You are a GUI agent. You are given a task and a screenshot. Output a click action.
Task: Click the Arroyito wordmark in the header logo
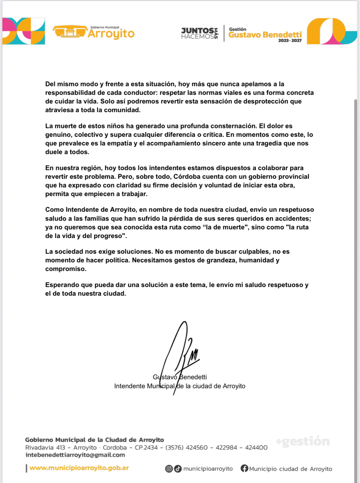point(111,34)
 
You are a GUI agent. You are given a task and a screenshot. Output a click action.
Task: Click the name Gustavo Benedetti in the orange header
point(265,35)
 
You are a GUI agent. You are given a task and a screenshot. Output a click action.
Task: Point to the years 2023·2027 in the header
point(290,41)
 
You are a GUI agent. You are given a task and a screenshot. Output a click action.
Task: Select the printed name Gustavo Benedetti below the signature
point(180,377)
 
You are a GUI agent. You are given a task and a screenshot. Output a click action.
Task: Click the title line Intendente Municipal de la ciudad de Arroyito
point(180,386)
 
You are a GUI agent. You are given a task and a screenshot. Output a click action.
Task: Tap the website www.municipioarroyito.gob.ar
point(79,468)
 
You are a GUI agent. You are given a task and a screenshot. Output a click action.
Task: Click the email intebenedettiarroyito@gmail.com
point(75,455)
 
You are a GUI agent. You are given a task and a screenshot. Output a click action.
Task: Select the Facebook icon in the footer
point(244,469)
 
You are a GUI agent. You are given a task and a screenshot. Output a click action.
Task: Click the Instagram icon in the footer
point(169,469)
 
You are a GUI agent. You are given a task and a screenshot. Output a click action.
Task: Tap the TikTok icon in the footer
point(178,469)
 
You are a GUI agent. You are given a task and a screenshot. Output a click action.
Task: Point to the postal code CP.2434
point(146,447)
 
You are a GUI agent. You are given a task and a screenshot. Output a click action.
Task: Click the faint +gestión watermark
point(303,441)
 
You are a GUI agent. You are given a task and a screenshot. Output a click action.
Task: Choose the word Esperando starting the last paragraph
point(62,285)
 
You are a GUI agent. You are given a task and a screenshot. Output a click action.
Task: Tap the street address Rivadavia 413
point(45,447)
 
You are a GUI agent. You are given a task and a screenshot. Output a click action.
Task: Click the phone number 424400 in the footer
point(256,447)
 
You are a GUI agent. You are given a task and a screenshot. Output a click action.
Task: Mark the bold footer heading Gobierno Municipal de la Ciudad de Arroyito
point(94,440)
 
